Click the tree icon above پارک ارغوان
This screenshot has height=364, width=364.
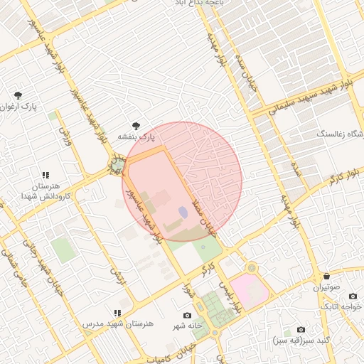tap(18, 95)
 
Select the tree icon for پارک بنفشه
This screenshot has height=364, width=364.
tap(136, 125)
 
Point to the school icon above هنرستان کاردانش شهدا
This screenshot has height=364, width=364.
tap(45, 175)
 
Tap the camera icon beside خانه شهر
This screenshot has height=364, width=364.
tap(187, 315)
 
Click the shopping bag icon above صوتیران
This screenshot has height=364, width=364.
tap(326, 277)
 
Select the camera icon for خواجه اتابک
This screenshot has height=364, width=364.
tap(351, 296)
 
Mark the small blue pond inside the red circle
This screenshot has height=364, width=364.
tap(183, 212)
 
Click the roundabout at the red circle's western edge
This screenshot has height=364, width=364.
tap(116, 166)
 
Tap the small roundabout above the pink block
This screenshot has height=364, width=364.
tap(250, 267)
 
